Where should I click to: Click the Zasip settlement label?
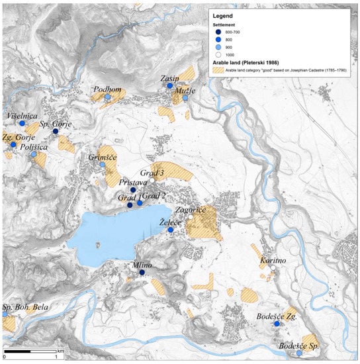[170, 78]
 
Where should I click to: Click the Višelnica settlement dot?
[22, 123]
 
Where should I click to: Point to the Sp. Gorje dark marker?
[56, 131]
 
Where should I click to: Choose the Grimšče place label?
[103, 158]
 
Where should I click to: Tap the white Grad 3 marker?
[152, 179]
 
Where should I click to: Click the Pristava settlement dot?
[133, 190]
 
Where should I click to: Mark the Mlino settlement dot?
[142, 272]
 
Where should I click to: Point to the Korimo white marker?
[272, 269]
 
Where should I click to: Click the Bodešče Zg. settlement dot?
[277, 324]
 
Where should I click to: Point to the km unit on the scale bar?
[60, 349]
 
